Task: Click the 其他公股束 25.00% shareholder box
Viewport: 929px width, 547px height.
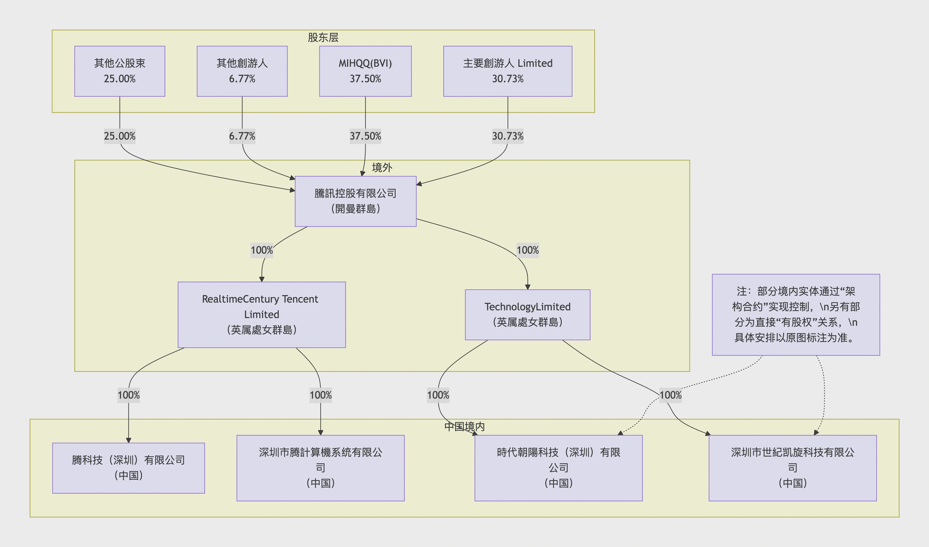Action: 119,71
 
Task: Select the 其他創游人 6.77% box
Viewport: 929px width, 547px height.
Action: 242,71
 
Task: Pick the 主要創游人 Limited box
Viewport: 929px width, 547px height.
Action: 507,71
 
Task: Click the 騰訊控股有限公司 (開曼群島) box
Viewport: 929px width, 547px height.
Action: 355,201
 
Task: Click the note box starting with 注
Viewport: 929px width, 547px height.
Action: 796,314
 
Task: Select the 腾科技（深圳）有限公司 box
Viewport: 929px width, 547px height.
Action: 128,468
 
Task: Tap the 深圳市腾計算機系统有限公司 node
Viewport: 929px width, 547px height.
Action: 320,468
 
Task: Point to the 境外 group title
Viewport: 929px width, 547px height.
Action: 382,168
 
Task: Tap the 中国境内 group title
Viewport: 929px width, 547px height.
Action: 464,427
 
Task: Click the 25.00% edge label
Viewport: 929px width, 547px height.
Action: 119,136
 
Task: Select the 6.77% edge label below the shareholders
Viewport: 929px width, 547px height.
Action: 242,136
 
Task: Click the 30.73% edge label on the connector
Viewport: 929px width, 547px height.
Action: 507,136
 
